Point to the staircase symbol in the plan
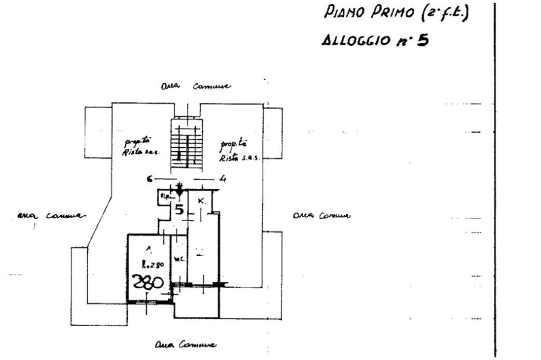185,145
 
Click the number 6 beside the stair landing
150,179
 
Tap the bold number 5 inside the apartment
180,210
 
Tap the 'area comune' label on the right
321,215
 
